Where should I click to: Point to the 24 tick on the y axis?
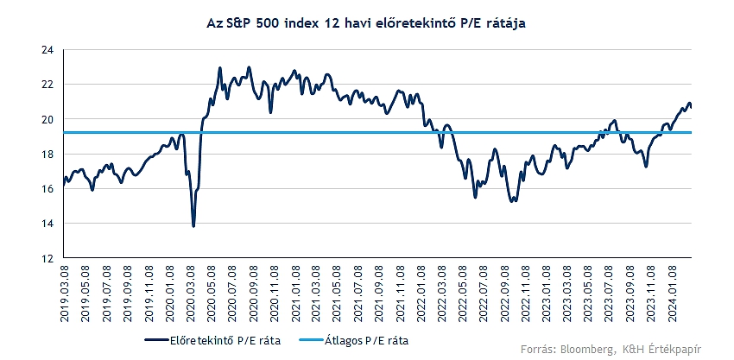pyautogui.click(x=47, y=50)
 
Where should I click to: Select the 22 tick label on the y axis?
pyautogui.click(x=47, y=85)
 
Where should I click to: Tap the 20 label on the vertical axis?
pyautogui.click(x=47, y=119)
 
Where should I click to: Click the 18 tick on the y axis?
pyautogui.click(x=47, y=154)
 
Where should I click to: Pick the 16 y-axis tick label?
pyautogui.click(x=47, y=188)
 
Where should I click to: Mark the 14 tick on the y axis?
pyautogui.click(x=47, y=223)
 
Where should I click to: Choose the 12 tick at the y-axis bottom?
pyautogui.click(x=47, y=258)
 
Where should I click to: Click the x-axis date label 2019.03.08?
pyautogui.click(x=66, y=294)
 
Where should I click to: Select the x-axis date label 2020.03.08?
pyautogui.click(x=191, y=294)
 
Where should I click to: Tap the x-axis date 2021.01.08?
pyautogui.click(x=295, y=294)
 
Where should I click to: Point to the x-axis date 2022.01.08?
pyautogui.click(x=421, y=294)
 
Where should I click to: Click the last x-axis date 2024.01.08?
pyautogui.click(x=672, y=294)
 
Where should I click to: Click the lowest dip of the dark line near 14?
pyautogui.click(x=193, y=225)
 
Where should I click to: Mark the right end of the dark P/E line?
pyautogui.click(x=691, y=106)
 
